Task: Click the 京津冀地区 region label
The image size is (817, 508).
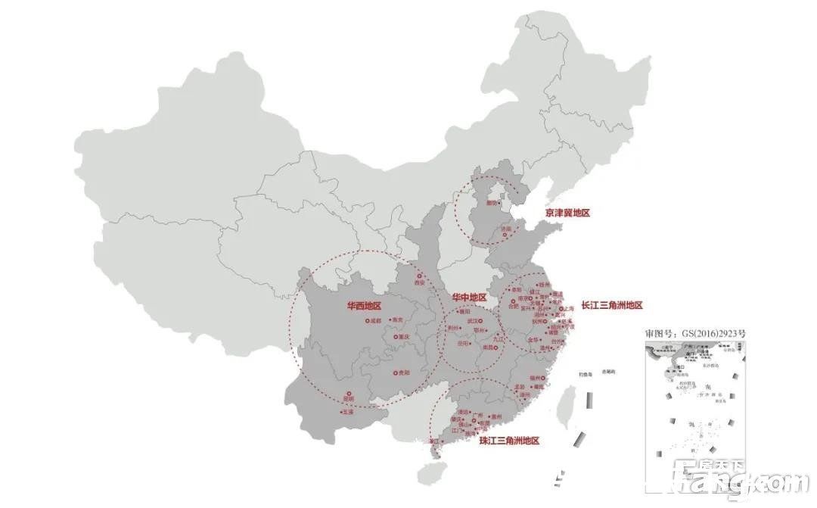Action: [567, 213]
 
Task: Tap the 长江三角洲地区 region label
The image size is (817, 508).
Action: [611, 305]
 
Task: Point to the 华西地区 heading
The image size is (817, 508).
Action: [364, 306]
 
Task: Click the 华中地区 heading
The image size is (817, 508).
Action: [469, 298]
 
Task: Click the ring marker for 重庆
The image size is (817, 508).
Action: [396, 337]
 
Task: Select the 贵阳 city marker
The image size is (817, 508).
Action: [396, 372]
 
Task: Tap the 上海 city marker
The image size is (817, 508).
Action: [561, 309]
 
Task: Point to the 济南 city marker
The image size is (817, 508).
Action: [505, 235]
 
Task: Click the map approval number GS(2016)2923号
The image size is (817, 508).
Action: [695, 333]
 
